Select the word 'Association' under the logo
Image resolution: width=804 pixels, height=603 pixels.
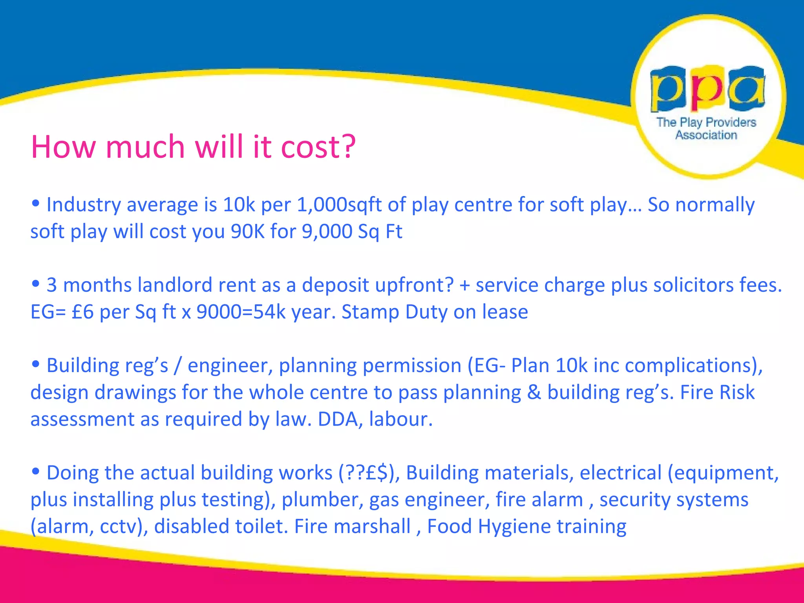pos(706,135)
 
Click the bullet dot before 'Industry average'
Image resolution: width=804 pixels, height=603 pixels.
pos(36,203)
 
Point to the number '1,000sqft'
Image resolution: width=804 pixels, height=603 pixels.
pos(339,205)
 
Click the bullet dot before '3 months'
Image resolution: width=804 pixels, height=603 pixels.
pos(36,283)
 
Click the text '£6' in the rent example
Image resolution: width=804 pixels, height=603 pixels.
pos(83,312)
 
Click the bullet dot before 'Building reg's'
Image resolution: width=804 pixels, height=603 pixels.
pos(36,364)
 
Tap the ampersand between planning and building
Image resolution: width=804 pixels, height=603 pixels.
pos(534,392)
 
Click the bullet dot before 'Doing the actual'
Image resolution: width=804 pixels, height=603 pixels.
pos(36,471)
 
